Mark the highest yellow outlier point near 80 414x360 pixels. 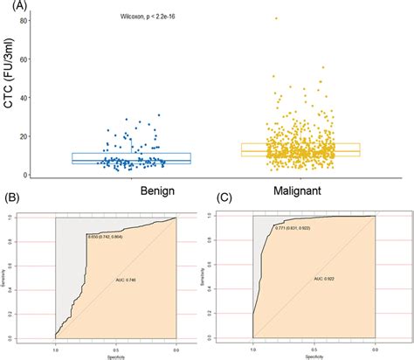pyautogui.click(x=276, y=18)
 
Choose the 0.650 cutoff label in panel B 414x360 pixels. pyautogui.click(x=110, y=237)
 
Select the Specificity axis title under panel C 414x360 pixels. pyautogui.click(x=314, y=355)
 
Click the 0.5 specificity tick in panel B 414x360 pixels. pyautogui.click(x=115, y=348)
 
